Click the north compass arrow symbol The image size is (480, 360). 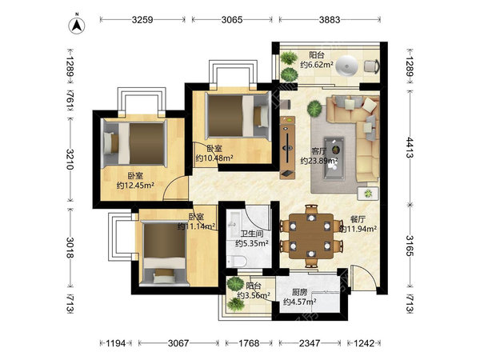click(77, 25)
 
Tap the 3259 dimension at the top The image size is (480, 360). click(142, 20)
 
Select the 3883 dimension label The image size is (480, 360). click(330, 20)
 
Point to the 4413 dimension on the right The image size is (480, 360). click(410, 147)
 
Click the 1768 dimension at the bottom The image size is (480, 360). click(249, 343)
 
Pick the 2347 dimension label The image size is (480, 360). click(310, 343)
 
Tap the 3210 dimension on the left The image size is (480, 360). click(70, 159)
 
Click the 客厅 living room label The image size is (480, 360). click(319, 151)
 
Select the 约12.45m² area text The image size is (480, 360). click(135, 186)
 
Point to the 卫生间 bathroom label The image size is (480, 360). click(252, 234)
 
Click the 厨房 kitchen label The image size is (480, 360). click(300, 292)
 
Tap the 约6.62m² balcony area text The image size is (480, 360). click(317, 65)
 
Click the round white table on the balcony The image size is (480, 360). click(346, 66)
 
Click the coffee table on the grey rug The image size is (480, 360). click(334, 158)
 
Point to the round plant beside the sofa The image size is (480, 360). click(314, 109)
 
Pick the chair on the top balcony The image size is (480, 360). click(372, 66)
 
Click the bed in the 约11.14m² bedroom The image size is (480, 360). click(164, 254)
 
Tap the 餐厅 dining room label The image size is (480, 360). click(358, 219)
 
